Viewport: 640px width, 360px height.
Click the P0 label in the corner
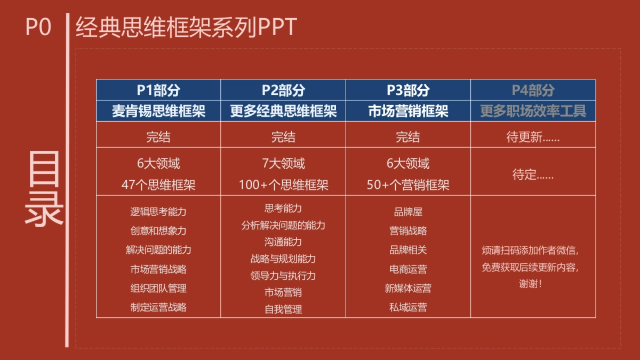click(38, 27)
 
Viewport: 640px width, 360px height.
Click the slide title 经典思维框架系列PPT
click(186, 27)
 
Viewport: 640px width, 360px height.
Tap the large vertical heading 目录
click(44, 189)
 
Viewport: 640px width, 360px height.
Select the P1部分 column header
click(158, 90)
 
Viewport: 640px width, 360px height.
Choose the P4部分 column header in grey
click(533, 90)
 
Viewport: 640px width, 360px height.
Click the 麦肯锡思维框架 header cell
click(158, 111)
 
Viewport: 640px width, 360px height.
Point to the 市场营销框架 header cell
click(408, 111)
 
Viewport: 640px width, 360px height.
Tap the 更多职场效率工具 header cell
click(533, 111)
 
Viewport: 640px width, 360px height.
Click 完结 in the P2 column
click(283, 137)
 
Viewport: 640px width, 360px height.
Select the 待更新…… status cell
click(533, 137)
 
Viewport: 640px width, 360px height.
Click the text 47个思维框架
click(158, 185)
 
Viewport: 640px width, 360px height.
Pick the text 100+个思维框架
click(283, 185)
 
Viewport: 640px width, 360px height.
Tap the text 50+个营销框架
click(408, 185)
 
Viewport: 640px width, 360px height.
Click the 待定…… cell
click(533, 174)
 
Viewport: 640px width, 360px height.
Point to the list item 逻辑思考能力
click(158, 212)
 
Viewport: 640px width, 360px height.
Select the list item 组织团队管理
click(158, 289)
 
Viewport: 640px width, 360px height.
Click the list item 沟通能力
click(283, 242)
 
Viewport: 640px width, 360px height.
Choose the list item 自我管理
click(283, 309)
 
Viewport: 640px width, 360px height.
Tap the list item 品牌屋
click(408, 212)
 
